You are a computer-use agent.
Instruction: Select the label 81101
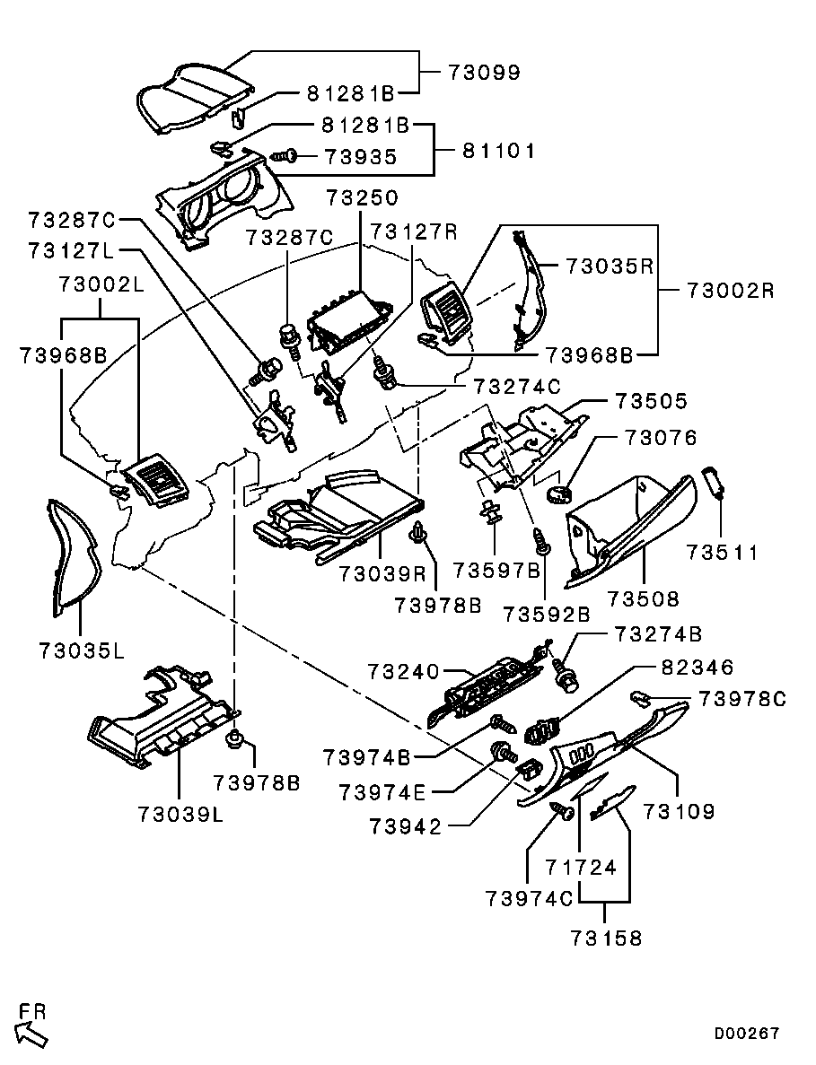[x=498, y=151]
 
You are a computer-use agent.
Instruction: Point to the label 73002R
[x=730, y=291]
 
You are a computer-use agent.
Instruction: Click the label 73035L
[x=82, y=649]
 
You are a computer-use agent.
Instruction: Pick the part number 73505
[x=650, y=400]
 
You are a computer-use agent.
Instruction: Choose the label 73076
[x=661, y=438]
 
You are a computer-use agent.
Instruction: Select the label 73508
[x=644, y=598]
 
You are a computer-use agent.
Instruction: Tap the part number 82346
[x=698, y=668]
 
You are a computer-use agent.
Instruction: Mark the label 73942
[x=406, y=826]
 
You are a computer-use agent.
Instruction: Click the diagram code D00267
[x=747, y=1034]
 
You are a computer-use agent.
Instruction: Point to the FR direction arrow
[x=31, y=1032]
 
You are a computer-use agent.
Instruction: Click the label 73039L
[x=180, y=814]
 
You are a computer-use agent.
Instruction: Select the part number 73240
[x=403, y=671]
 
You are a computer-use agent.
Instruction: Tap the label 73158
[x=606, y=938]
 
